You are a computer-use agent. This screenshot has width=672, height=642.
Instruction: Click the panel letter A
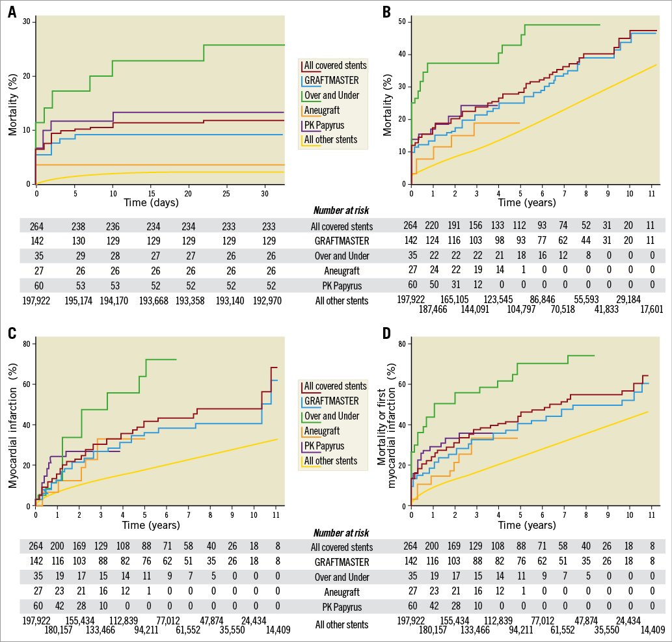click(11, 12)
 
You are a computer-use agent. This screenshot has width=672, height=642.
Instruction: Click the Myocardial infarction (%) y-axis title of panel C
click(12, 423)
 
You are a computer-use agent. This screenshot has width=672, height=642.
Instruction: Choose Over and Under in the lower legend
click(332, 416)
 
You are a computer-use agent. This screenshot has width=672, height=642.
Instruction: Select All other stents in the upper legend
click(330, 140)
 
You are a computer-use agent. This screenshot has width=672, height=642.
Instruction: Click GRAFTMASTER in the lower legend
click(331, 401)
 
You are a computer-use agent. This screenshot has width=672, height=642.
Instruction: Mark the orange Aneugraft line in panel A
click(163, 165)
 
